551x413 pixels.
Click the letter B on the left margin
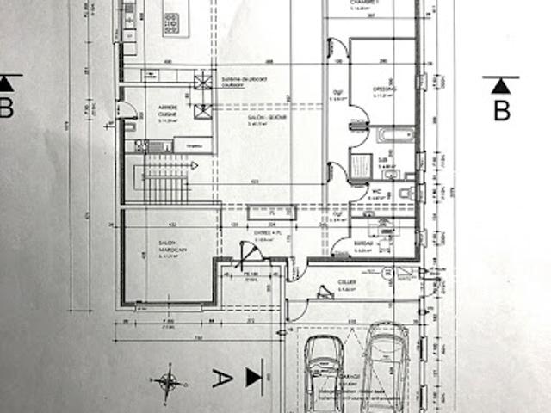(6, 108)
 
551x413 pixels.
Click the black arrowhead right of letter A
(254, 376)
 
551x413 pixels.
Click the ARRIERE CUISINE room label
(168, 111)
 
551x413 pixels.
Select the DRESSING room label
(384, 90)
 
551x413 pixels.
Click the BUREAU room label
(363, 244)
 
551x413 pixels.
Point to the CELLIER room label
(347, 283)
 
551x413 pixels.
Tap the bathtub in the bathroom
(394, 136)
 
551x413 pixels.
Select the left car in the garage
(324, 372)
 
